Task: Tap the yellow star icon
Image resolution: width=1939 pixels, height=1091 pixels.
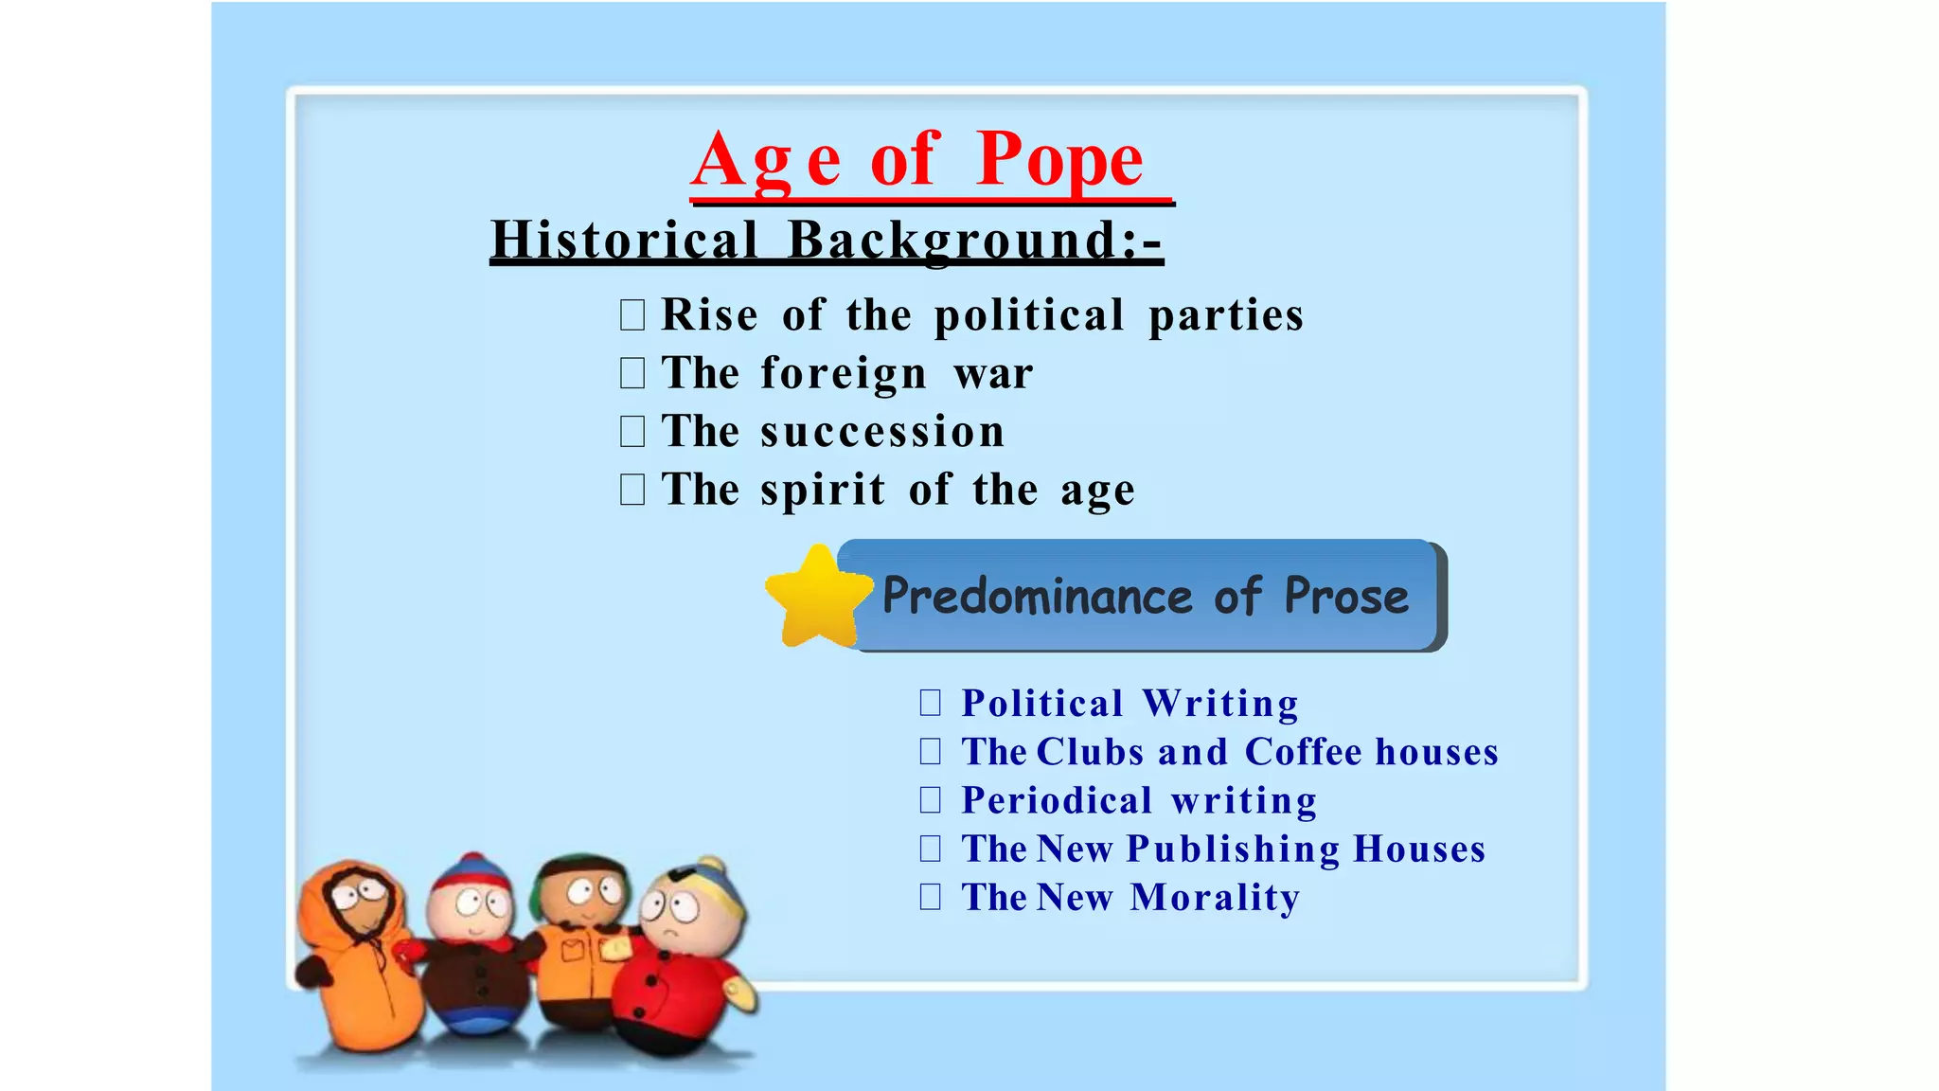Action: tap(817, 598)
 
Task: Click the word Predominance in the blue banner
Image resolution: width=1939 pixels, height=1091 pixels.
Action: tap(1037, 597)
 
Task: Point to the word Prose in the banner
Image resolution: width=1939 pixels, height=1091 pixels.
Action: tap(1345, 597)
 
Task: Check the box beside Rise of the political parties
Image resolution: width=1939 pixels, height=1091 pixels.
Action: tap(632, 314)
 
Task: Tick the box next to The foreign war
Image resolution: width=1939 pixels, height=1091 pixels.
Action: tap(632, 373)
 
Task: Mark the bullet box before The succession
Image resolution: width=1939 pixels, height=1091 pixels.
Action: tap(632, 432)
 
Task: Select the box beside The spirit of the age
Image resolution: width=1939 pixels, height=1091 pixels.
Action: tap(632, 490)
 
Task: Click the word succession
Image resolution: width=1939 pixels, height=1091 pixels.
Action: tap(881, 432)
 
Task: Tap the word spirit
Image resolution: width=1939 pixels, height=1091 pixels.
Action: tap(823, 491)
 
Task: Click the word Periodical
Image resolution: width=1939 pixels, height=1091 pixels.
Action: tap(1057, 800)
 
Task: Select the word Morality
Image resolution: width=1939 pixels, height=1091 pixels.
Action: tap(1215, 898)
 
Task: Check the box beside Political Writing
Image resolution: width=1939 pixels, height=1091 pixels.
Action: tap(931, 702)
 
